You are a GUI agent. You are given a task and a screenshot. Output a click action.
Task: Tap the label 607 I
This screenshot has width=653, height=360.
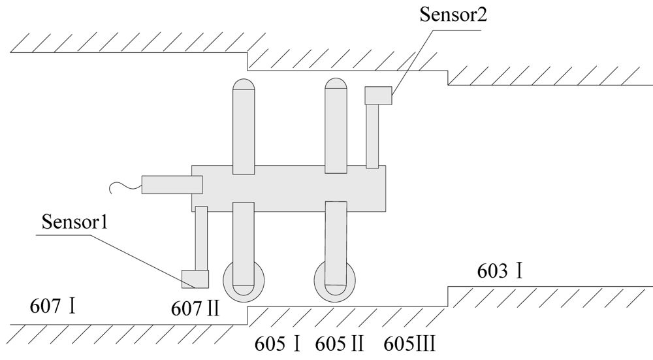coord(53,305)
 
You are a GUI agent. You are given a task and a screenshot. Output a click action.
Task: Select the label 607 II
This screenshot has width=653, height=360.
coord(195,307)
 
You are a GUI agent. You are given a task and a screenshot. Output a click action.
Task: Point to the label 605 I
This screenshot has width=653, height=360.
coord(278,342)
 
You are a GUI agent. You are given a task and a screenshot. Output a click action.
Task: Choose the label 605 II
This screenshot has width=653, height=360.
coord(339,342)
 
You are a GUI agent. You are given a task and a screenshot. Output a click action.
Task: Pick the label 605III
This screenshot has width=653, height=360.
coord(409,342)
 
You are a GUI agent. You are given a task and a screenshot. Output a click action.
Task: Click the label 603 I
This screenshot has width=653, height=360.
coord(500,270)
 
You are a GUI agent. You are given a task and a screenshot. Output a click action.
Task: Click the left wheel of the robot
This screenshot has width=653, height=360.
coord(244,281)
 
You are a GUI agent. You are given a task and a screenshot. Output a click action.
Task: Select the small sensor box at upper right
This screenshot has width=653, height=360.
coord(378,95)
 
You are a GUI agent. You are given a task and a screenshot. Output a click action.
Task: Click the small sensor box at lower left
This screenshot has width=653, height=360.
coord(195,279)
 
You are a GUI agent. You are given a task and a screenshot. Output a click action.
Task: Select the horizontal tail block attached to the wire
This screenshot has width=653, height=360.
coord(172,185)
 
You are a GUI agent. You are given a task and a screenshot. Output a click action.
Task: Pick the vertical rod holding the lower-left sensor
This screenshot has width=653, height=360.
coord(201,238)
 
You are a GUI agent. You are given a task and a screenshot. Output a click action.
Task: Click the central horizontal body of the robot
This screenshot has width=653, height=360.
coord(287,188)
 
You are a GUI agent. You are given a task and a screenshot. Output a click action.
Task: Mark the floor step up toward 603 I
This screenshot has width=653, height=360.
coord(447,296)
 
